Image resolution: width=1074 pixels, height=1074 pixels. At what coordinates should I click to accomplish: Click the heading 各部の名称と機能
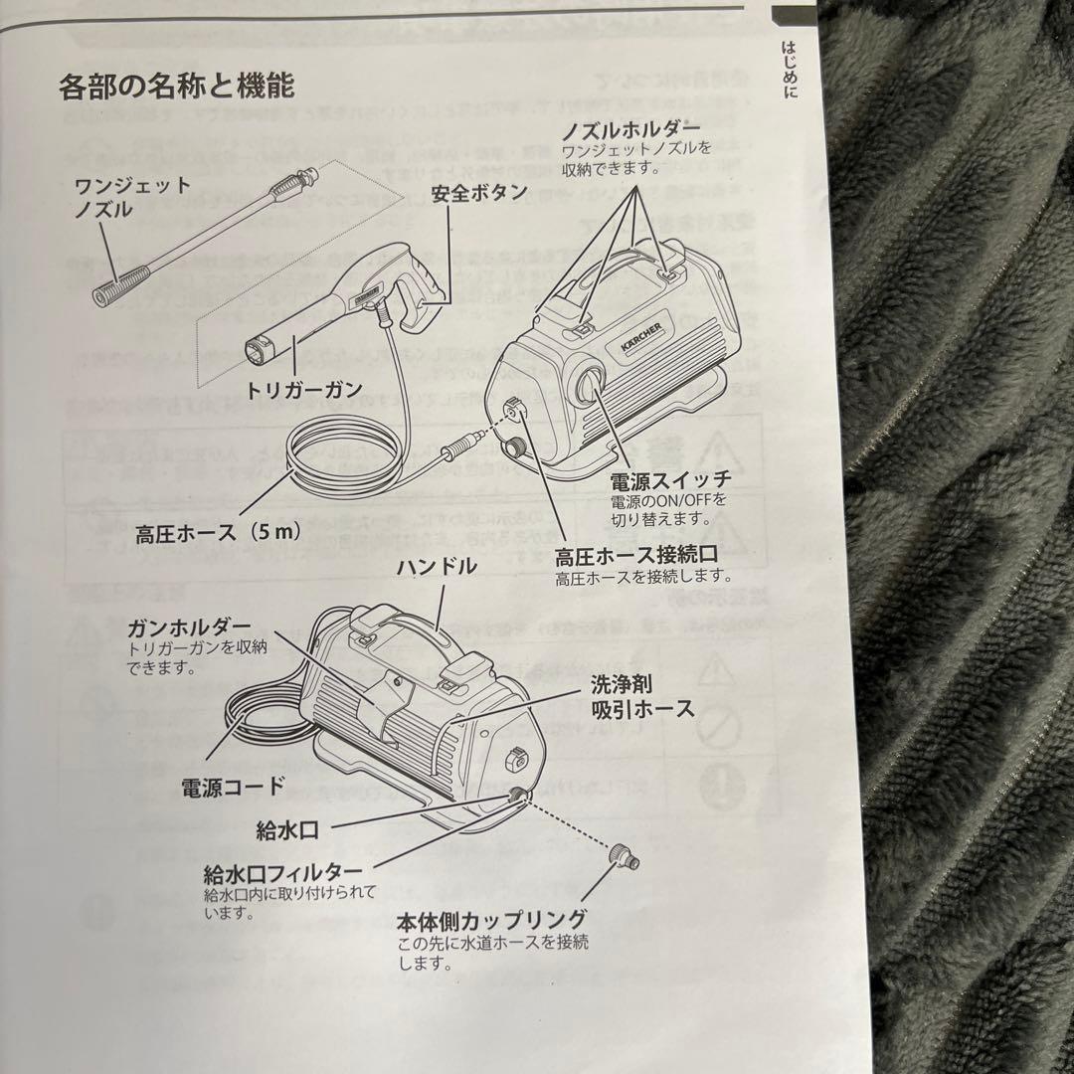(176, 87)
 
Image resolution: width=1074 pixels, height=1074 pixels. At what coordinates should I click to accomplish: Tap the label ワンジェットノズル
(116, 197)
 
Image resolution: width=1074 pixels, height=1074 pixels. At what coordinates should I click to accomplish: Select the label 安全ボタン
(479, 193)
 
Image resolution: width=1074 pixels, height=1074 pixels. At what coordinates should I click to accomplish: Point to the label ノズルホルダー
(630, 130)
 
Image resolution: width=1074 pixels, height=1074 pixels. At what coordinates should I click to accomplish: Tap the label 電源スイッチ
(670, 481)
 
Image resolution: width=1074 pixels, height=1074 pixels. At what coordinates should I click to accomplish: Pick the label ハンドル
(436, 568)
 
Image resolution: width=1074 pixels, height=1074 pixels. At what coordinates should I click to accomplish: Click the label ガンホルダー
(189, 626)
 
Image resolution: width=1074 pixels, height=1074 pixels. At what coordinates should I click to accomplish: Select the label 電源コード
(232, 787)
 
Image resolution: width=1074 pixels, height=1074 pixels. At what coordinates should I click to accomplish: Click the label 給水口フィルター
(274, 874)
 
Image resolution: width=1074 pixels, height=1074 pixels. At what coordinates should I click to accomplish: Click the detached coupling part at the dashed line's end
(624, 854)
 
